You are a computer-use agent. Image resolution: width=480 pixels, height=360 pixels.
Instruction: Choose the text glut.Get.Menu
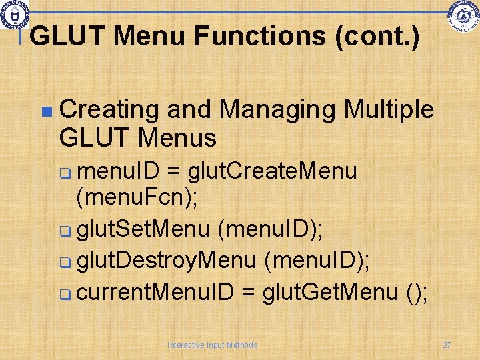[x=331, y=292]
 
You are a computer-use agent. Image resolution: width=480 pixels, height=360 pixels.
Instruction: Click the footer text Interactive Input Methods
[x=212, y=345]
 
